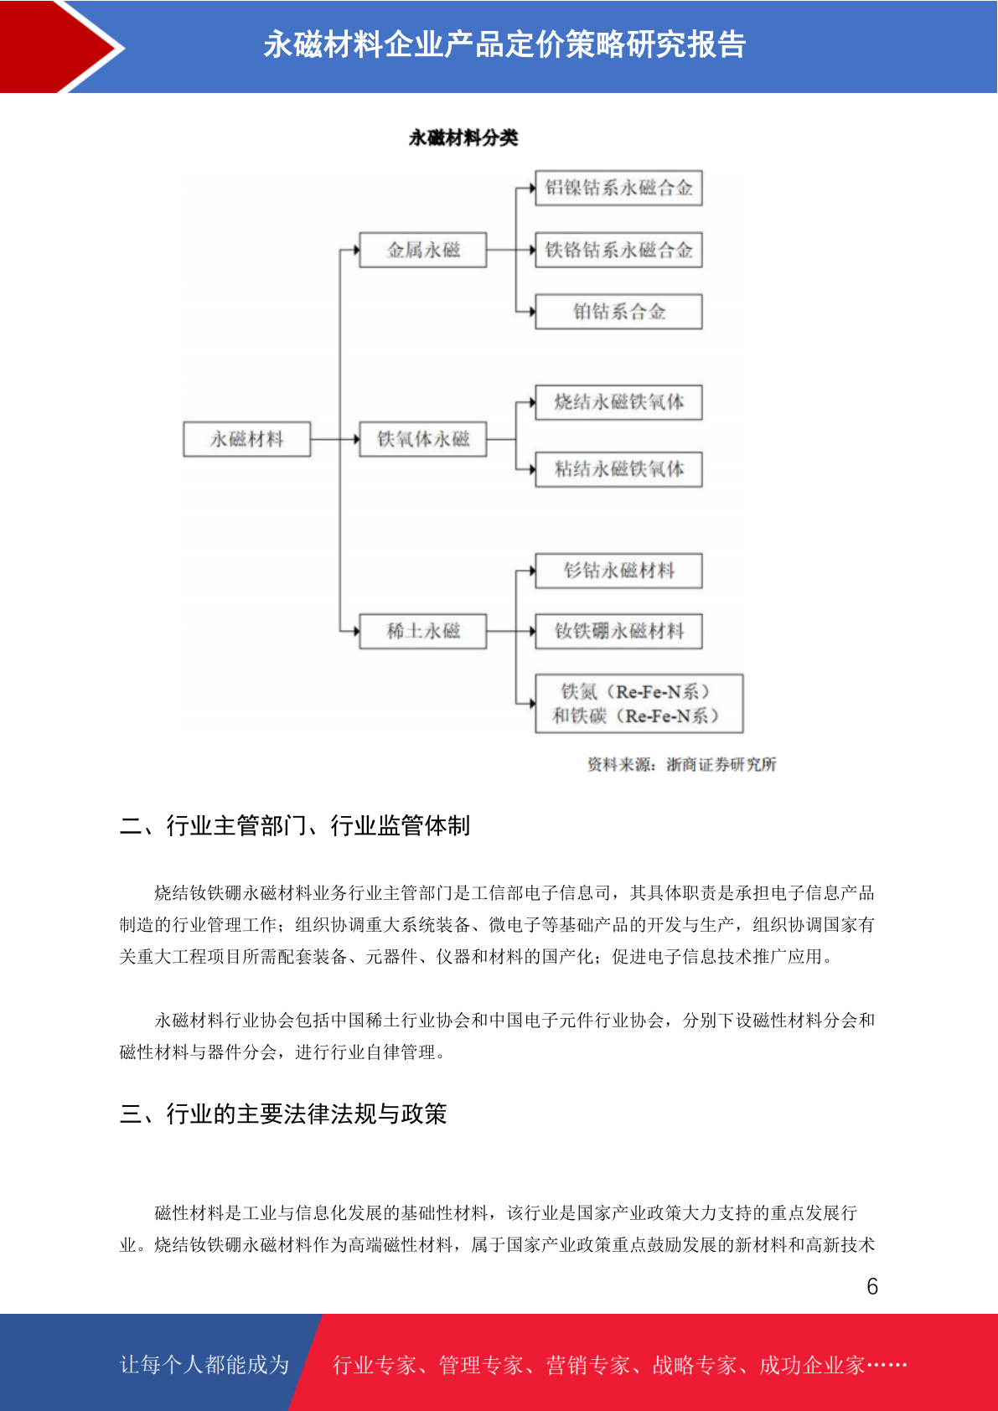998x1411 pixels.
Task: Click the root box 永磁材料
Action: click(x=247, y=439)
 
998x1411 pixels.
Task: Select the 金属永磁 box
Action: click(x=423, y=250)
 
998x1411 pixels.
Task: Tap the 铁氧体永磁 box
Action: click(x=423, y=439)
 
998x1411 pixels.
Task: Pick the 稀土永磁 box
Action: click(x=423, y=631)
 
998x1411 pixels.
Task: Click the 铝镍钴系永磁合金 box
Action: click(x=618, y=188)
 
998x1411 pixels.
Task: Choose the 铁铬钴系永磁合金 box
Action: click(x=618, y=250)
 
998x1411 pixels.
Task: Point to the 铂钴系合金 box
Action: click(x=618, y=311)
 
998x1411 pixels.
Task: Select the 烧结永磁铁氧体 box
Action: click(x=618, y=402)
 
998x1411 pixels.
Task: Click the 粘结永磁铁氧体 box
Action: click(x=618, y=469)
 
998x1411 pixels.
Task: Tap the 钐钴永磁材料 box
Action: click(x=618, y=571)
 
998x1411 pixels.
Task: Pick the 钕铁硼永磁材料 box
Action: click(x=618, y=631)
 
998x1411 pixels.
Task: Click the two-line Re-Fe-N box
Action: click(x=639, y=704)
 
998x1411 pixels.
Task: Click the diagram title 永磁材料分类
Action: click(x=463, y=137)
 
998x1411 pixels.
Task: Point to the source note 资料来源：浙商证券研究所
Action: click(x=682, y=765)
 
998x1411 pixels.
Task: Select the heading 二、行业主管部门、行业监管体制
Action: click(x=295, y=826)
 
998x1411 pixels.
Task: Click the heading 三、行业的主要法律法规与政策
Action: click(x=283, y=1114)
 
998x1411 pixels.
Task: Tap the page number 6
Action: click(x=872, y=1286)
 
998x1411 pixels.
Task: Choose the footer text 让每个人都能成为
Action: click(x=204, y=1364)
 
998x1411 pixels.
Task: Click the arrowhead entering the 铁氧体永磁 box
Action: click(x=356, y=439)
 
